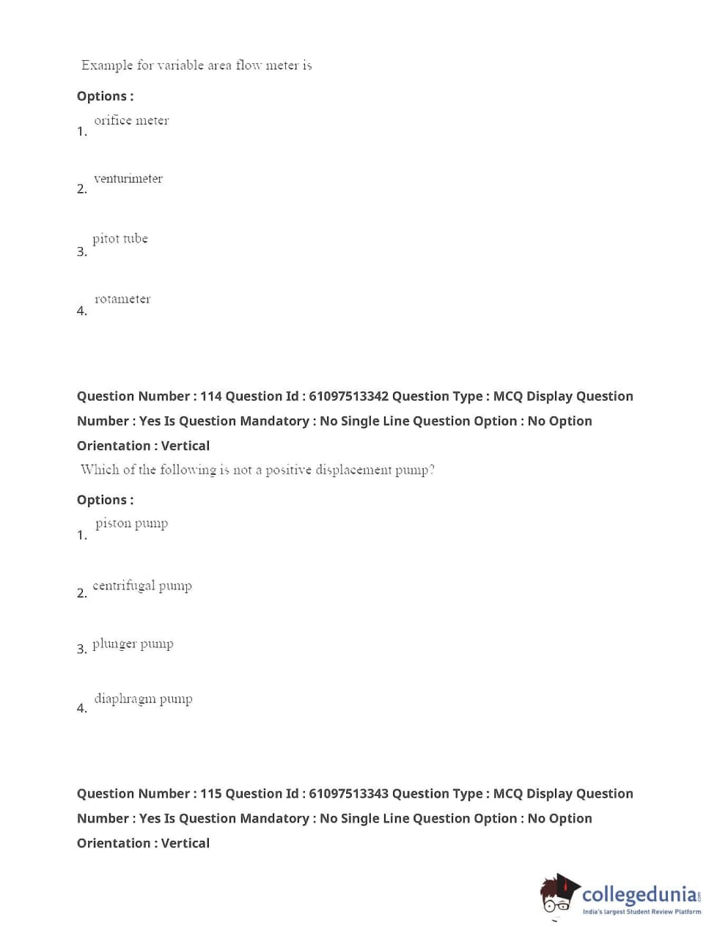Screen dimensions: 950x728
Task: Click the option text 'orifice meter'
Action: click(131, 120)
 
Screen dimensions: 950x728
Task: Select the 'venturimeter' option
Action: click(128, 178)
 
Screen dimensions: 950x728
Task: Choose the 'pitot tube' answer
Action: click(120, 238)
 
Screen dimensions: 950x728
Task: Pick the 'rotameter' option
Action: click(122, 298)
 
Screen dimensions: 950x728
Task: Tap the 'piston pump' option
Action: click(132, 523)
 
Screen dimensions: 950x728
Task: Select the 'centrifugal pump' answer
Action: click(142, 585)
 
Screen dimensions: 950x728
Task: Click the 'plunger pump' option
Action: click(133, 644)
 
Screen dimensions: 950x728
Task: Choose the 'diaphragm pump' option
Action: click(143, 699)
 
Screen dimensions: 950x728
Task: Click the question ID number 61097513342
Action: click(348, 397)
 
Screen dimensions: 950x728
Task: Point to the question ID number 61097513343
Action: click(348, 794)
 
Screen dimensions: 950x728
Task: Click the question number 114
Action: click(211, 397)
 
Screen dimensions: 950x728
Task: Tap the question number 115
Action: click(211, 794)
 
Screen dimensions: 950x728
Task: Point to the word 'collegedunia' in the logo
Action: click(640, 894)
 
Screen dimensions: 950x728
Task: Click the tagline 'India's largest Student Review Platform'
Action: click(641, 912)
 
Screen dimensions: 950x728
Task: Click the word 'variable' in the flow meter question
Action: click(180, 65)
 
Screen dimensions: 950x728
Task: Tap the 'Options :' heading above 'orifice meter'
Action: click(105, 96)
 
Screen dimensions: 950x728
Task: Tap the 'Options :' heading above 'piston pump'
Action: click(105, 500)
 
